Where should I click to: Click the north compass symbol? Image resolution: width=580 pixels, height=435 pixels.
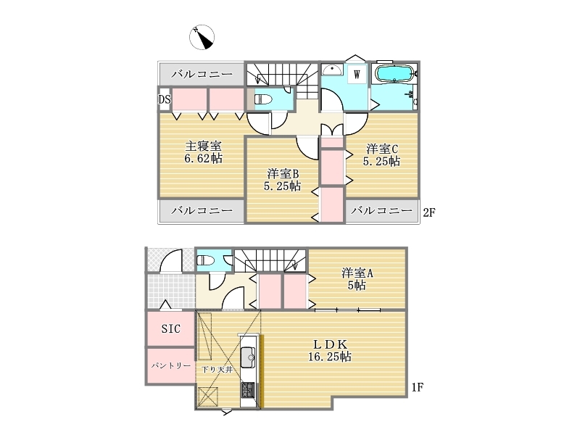[x=202, y=37]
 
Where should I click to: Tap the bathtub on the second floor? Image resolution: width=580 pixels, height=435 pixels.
[x=394, y=74]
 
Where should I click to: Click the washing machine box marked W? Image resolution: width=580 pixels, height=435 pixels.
[x=357, y=75]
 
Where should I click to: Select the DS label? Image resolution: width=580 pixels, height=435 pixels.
[x=165, y=99]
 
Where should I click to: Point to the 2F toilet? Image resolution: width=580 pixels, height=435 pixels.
[x=263, y=99]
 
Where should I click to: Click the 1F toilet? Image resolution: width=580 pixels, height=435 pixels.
[x=205, y=261]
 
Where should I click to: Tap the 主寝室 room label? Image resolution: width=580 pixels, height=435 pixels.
[x=203, y=146]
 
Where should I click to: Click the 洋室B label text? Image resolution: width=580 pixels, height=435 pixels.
[x=283, y=173]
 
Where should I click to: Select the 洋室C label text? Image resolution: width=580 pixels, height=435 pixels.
[x=382, y=149]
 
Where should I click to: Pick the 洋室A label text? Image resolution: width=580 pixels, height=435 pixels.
[x=357, y=273]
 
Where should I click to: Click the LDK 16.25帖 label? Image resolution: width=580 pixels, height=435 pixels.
[x=330, y=350]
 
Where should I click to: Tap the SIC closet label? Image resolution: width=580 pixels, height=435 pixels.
[x=171, y=328]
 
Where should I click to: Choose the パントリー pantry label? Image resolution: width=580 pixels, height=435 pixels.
[x=171, y=365]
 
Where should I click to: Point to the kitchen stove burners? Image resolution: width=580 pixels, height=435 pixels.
[x=249, y=390]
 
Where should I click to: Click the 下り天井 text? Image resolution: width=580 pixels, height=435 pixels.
[x=217, y=370]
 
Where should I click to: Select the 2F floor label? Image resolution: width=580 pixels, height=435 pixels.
[x=428, y=212]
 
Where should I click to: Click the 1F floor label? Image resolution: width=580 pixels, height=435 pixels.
[x=418, y=387]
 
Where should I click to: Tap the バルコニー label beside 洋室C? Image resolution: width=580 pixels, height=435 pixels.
[x=381, y=210]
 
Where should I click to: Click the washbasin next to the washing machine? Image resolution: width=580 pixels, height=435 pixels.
[x=332, y=69]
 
